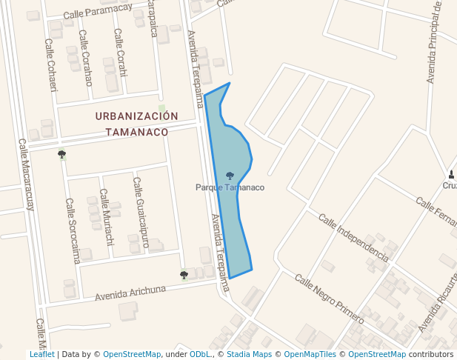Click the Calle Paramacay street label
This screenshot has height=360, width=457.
pyautogui.click(x=98, y=10)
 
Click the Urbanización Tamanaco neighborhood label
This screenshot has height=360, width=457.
pyautogui.click(x=137, y=124)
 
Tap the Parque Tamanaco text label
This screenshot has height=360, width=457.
pyautogui.click(x=230, y=187)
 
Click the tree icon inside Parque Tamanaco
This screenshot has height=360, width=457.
pyautogui.click(x=230, y=176)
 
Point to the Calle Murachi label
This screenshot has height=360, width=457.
pyautogui.click(x=107, y=223)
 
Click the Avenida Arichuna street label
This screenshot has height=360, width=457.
pyautogui.click(x=130, y=293)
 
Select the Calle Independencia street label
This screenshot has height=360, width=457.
pyautogui.click(x=353, y=237)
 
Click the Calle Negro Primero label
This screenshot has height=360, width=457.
pyautogui.click(x=330, y=299)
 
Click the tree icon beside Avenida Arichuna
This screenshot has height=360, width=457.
pyautogui.click(x=184, y=275)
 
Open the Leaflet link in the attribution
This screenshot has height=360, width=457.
pyautogui.click(x=42, y=354)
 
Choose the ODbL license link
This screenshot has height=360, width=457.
pyautogui.click(x=200, y=354)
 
